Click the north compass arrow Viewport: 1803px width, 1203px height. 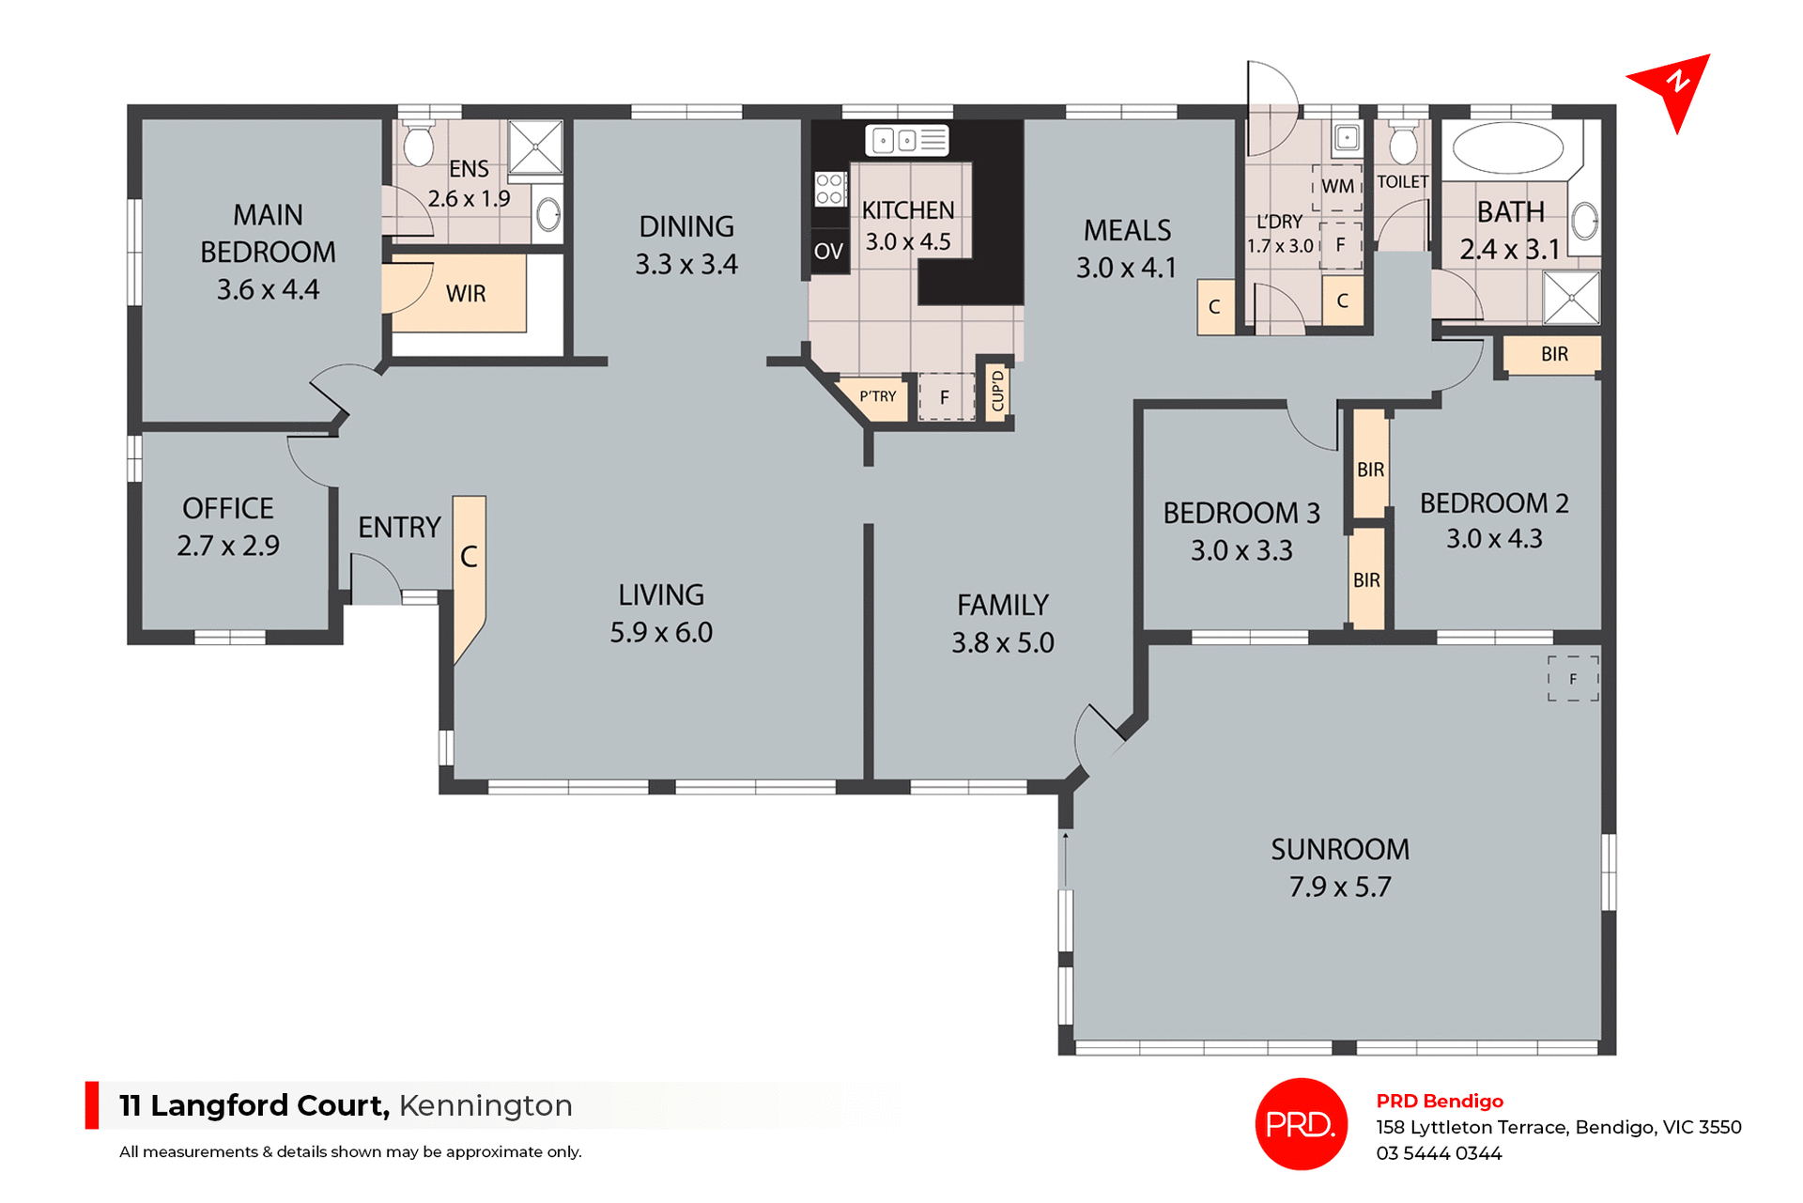[1673, 87]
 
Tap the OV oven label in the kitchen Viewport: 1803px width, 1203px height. [828, 251]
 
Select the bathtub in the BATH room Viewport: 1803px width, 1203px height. [1507, 147]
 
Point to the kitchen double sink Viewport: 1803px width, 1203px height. [906, 141]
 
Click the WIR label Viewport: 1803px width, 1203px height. [466, 294]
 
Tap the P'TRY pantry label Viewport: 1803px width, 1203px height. [877, 396]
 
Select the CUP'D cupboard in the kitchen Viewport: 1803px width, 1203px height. [997, 391]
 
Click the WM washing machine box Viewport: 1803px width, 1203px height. [1337, 186]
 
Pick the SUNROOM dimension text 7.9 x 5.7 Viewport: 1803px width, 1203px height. [1339, 887]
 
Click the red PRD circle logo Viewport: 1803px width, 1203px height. [1301, 1123]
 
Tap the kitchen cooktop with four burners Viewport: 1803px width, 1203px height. [829, 188]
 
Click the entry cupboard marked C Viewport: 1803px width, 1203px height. [469, 563]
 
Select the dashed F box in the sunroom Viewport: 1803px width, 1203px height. [1573, 678]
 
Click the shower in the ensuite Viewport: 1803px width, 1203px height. [535, 147]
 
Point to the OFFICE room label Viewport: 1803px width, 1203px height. [228, 508]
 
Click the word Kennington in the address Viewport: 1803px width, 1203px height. [485, 1105]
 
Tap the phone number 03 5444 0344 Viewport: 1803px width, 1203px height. [1439, 1153]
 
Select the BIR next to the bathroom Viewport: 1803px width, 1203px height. [1554, 354]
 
